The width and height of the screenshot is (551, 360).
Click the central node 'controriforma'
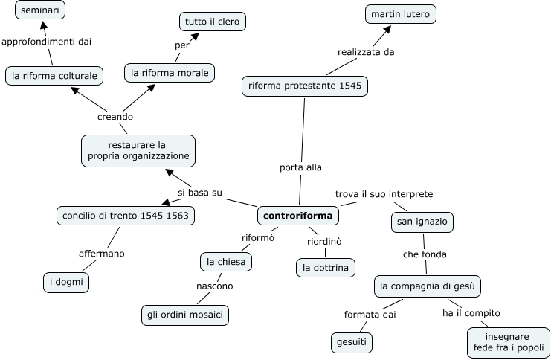click(x=298, y=216)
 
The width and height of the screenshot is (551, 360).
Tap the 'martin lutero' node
click(x=401, y=13)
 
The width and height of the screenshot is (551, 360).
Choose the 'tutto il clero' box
click(x=212, y=22)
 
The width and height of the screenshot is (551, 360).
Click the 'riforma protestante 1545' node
click(x=305, y=86)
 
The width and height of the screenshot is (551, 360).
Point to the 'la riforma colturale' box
click(x=54, y=74)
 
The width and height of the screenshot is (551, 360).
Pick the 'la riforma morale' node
click(x=170, y=72)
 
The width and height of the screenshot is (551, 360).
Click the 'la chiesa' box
click(x=227, y=262)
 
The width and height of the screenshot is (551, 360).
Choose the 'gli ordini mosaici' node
click(x=185, y=315)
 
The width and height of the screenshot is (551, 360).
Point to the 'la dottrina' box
click(x=325, y=267)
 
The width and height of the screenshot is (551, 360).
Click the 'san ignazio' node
click(x=422, y=222)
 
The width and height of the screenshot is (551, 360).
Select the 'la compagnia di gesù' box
click(x=430, y=286)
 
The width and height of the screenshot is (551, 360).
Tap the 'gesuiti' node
click(x=351, y=342)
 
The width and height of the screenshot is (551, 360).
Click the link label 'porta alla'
click(x=300, y=167)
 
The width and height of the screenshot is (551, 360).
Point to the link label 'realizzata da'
click(x=366, y=51)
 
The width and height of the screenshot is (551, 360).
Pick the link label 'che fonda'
click(x=425, y=254)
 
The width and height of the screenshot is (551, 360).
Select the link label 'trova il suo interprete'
click(x=384, y=194)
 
